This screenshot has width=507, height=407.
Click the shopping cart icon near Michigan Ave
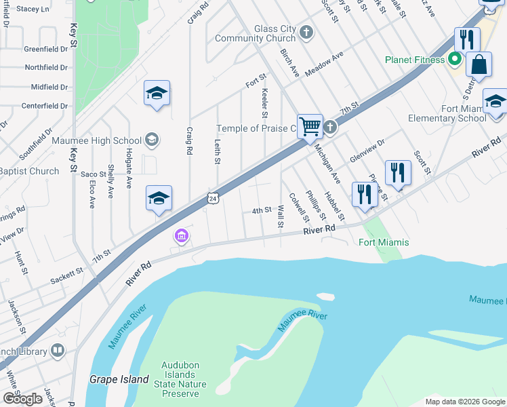(x=310, y=125)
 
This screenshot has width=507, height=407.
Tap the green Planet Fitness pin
(x=454, y=60)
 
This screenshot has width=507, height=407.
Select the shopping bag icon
(x=479, y=65)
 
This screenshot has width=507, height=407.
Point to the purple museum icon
(x=181, y=236)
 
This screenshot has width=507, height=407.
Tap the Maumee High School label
(x=97, y=141)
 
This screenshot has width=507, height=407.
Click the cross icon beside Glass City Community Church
(x=306, y=32)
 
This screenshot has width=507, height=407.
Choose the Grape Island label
(x=119, y=379)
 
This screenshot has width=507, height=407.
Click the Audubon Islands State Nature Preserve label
(x=180, y=379)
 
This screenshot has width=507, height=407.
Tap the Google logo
(x=22, y=398)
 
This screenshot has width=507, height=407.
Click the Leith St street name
(x=218, y=151)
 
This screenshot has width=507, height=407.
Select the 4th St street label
(x=262, y=211)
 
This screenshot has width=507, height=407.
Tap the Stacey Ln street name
(x=33, y=9)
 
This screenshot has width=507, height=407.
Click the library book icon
(x=58, y=351)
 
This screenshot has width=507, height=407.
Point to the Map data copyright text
(x=465, y=402)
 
